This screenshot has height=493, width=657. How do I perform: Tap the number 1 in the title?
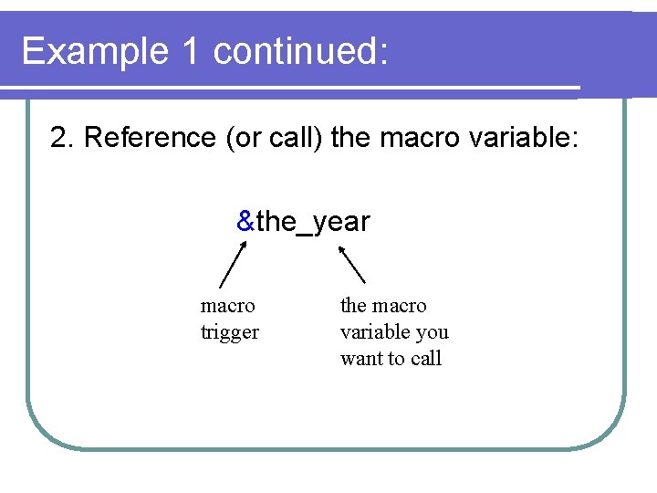pos(191,52)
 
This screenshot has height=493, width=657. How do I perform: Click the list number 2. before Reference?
pos(63,138)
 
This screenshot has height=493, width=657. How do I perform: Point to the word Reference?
pos(147,138)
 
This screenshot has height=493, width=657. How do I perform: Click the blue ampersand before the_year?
pos(245,221)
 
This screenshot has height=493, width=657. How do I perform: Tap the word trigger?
pos(229,332)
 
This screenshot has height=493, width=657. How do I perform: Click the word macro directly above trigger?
pos(227,306)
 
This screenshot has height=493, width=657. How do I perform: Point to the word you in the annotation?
pos(432,332)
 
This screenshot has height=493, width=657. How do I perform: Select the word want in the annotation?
pos(361,359)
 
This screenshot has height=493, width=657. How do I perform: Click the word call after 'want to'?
pos(426,359)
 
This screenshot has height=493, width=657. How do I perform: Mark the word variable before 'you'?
pos(374,332)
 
